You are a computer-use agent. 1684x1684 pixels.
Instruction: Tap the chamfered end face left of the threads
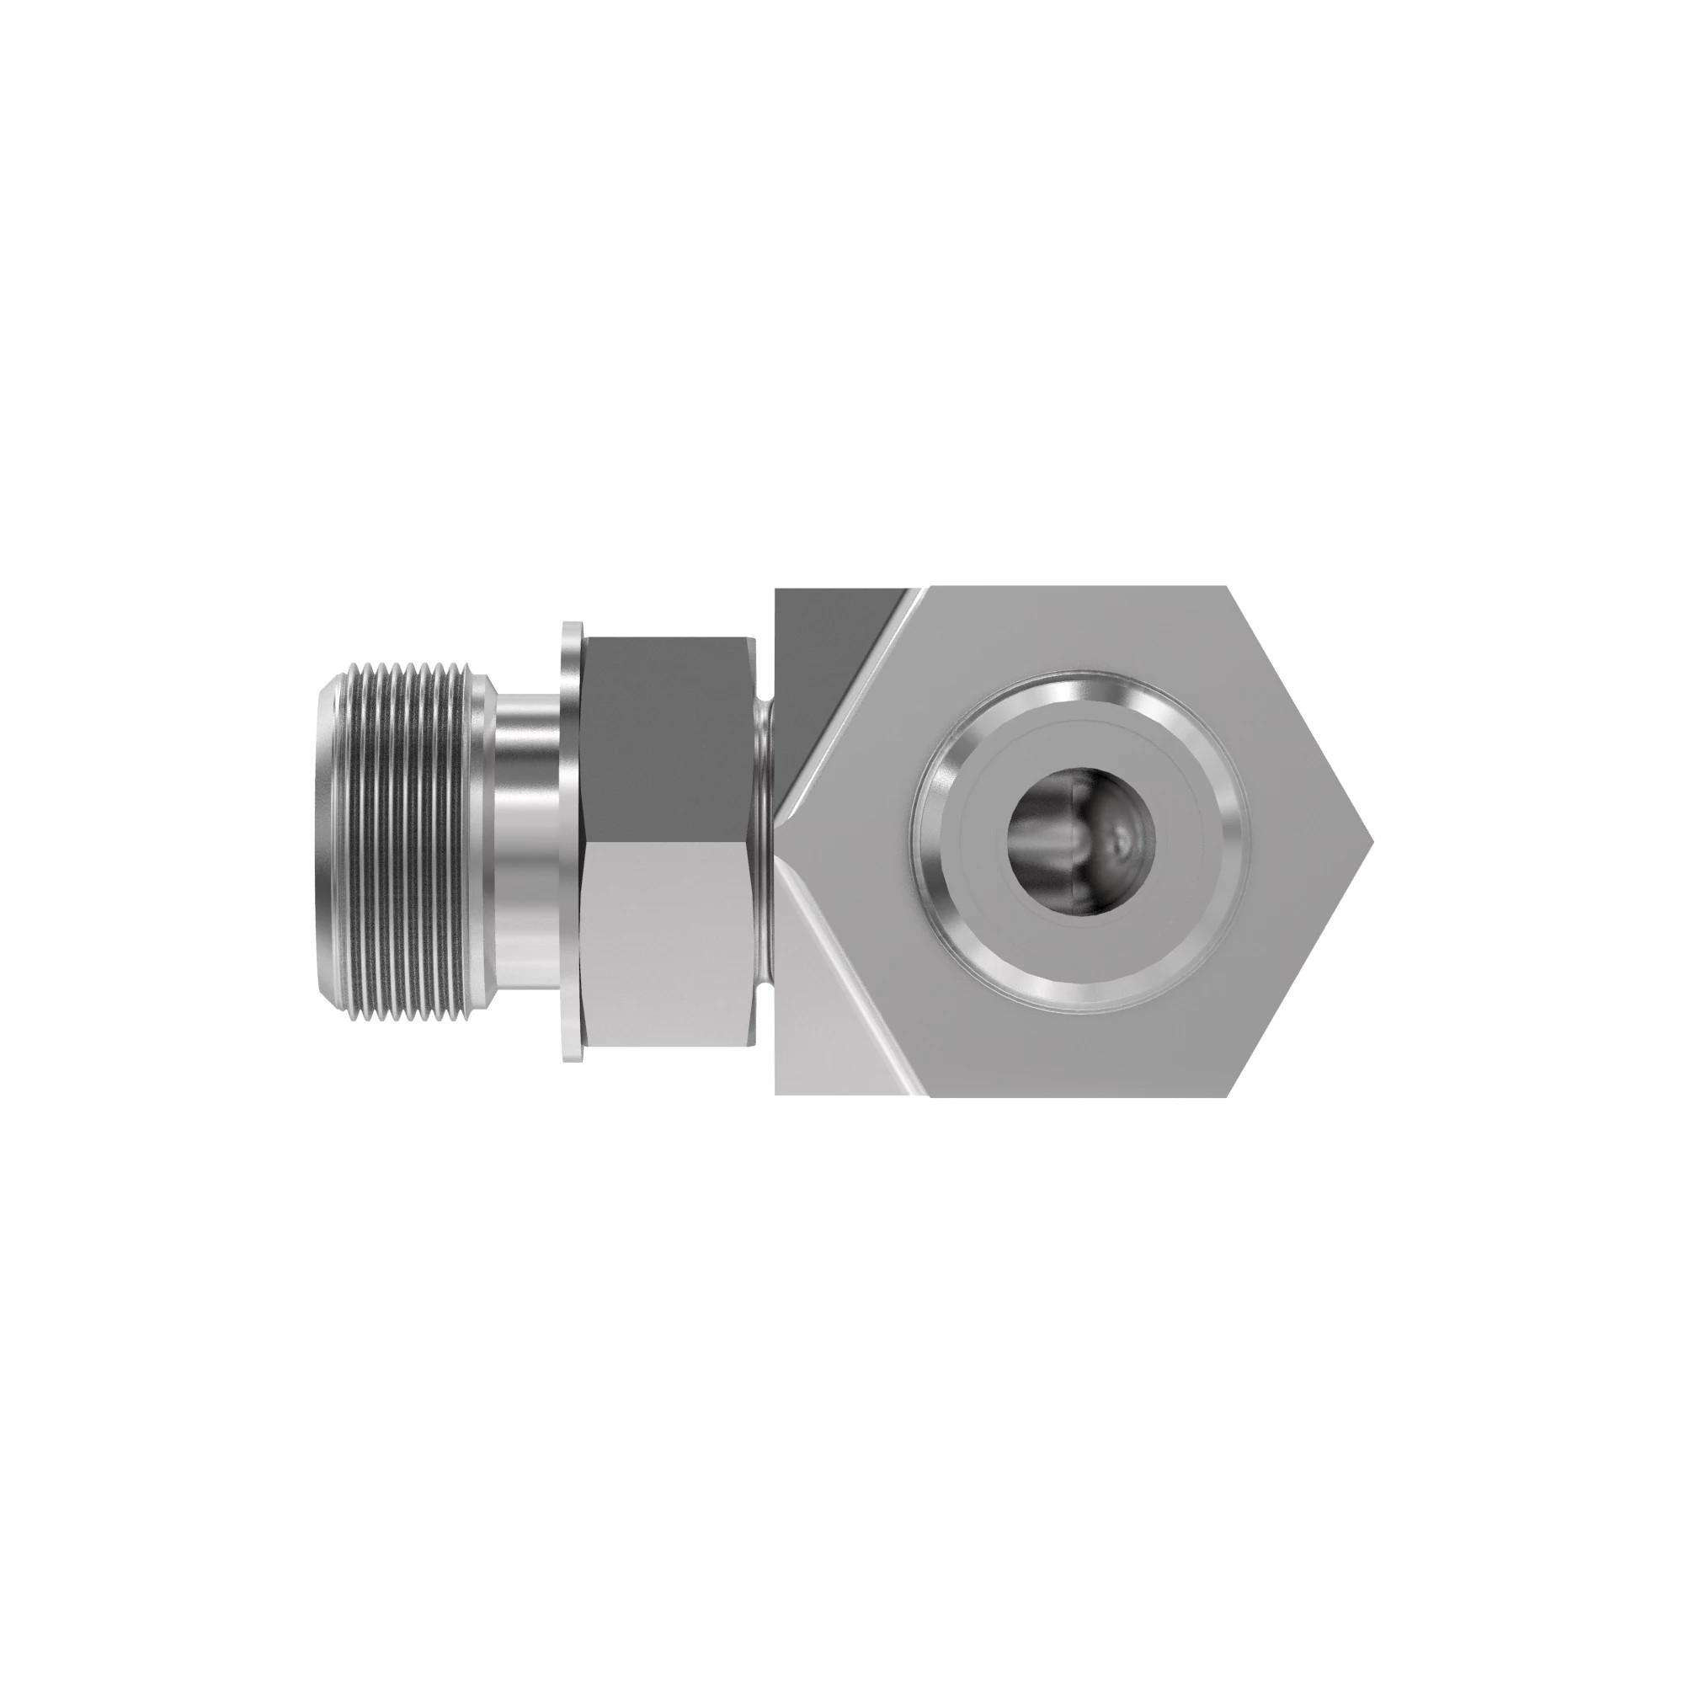coord(332,842)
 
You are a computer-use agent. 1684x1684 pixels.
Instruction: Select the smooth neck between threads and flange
coord(526,842)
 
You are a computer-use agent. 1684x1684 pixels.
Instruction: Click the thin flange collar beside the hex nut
coord(571,842)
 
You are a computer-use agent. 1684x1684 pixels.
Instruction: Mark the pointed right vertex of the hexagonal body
coord(1372,842)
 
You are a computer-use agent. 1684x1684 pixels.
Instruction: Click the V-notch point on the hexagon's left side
coord(781,842)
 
